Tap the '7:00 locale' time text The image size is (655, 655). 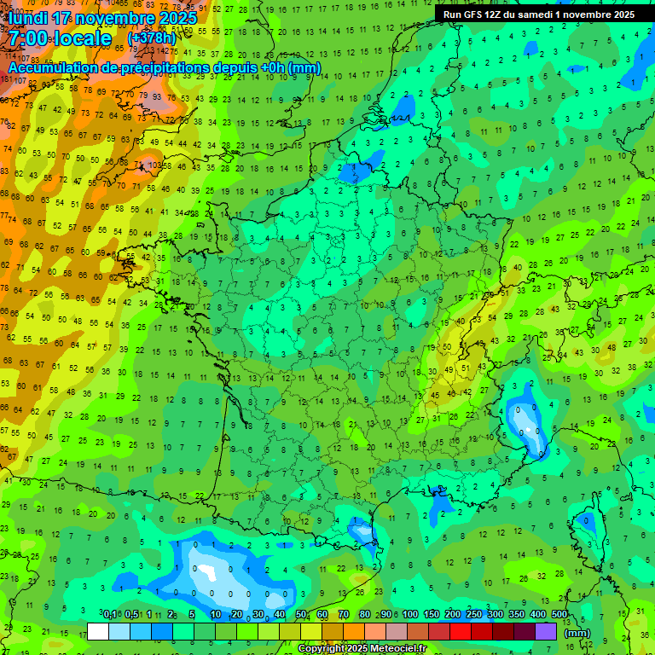[60, 38]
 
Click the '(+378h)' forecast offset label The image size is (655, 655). [153, 38]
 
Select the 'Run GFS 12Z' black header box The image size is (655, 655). [538, 14]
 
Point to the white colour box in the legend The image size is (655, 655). [98, 631]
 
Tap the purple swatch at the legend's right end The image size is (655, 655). [546, 631]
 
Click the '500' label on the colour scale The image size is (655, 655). [559, 614]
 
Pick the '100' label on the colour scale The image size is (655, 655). [410, 614]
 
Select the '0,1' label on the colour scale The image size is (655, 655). [110, 614]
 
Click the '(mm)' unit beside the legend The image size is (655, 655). [577, 632]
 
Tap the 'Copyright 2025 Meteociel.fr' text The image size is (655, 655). [362, 649]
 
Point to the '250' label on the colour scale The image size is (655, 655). [474, 614]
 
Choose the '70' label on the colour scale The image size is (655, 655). [344, 614]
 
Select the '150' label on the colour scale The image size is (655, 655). [432, 614]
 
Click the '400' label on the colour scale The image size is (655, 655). [538, 614]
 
